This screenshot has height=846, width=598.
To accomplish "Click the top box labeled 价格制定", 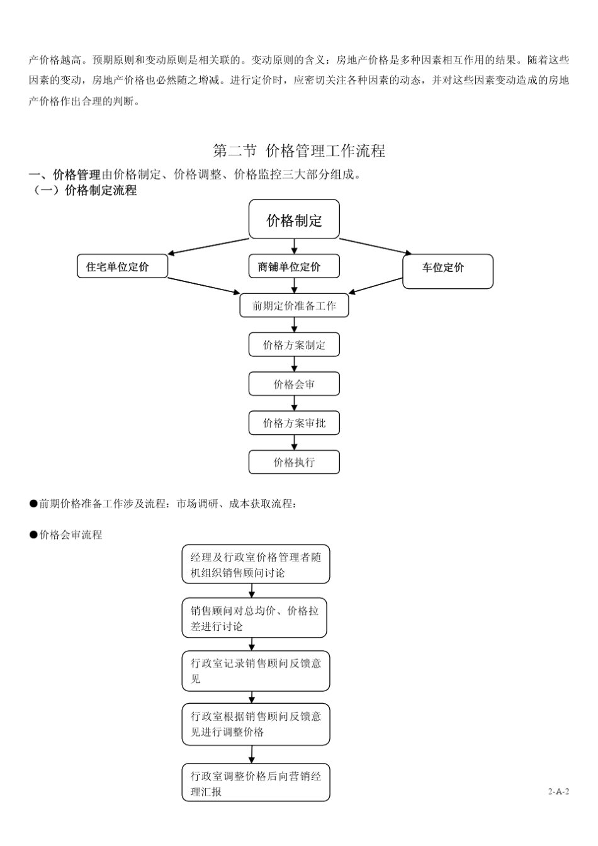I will [x=294, y=220].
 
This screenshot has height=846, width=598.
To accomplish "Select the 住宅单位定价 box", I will [x=122, y=266].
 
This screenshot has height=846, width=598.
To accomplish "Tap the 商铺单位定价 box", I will [x=294, y=266].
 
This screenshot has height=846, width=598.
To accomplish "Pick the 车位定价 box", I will [x=448, y=271].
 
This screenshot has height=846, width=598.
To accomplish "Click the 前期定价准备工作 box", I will [x=294, y=306].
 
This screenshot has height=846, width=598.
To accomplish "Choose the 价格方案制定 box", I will [x=294, y=345].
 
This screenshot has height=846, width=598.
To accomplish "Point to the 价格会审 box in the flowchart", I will [x=294, y=384].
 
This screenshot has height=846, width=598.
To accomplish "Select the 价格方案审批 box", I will [x=294, y=423].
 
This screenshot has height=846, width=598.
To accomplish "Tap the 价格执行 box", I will [x=294, y=462].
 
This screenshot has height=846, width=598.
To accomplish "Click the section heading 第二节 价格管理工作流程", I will [x=299, y=151].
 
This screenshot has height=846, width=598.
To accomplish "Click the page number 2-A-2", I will [x=558, y=791].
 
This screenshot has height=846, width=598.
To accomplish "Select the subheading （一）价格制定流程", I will [x=83, y=191].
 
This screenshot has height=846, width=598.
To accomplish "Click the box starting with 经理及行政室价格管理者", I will [x=256, y=565].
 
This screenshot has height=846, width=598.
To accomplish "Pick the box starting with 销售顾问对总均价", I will [x=254, y=618].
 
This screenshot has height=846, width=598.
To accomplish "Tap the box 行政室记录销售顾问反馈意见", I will [x=256, y=671].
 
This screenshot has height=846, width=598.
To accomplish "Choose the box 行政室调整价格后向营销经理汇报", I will [x=256, y=784].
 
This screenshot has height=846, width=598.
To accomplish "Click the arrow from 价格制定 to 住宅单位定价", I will [x=209, y=247].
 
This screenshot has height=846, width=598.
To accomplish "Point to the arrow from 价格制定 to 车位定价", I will [x=376, y=246].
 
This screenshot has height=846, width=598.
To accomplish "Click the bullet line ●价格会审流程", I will [x=66, y=535].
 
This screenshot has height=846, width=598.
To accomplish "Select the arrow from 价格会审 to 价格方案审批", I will [x=294, y=403].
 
